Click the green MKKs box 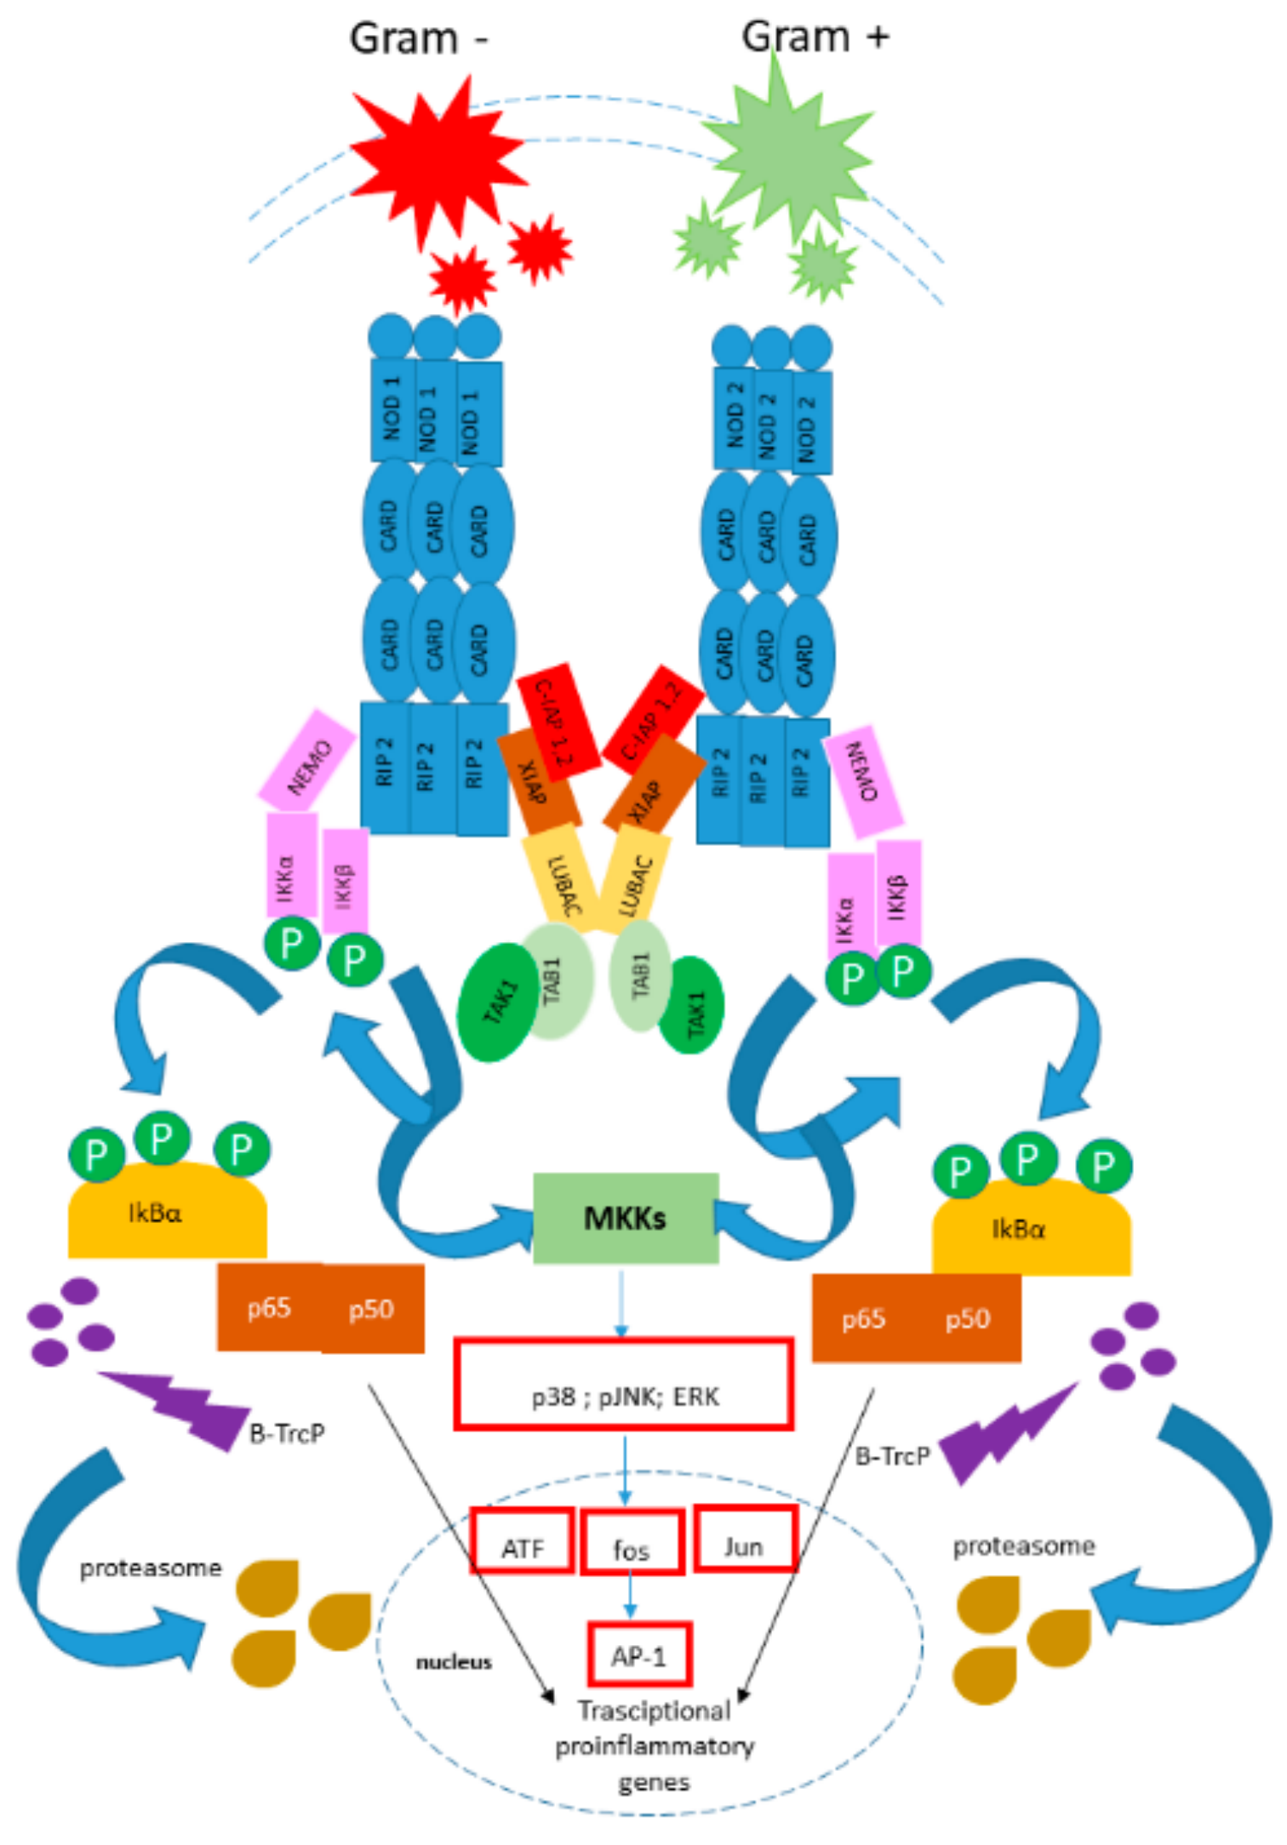coord(626,1218)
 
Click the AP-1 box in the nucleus coord(639,1655)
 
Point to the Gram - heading coord(419,39)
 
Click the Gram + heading coord(815,37)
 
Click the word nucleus coord(454,1662)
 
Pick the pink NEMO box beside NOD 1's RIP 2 coord(307,759)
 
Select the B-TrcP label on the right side coord(891,1457)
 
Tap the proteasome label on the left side coord(151,1568)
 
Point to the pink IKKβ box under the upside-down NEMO coord(899,894)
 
